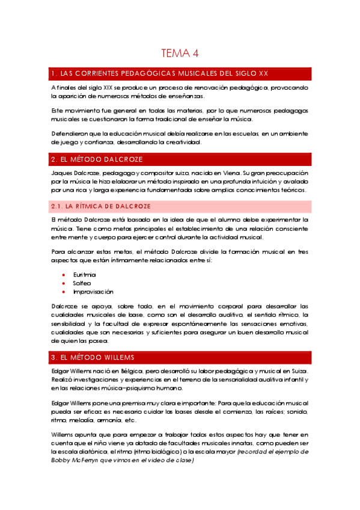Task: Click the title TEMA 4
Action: coord(180,54)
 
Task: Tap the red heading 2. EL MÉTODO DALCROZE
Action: coord(98,159)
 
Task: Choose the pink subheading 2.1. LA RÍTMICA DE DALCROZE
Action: coord(100,206)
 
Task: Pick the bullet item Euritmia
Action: coord(84,274)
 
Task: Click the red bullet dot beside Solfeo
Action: coord(64,283)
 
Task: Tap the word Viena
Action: coord(232,173)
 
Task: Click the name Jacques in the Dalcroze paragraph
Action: coord(63,173)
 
